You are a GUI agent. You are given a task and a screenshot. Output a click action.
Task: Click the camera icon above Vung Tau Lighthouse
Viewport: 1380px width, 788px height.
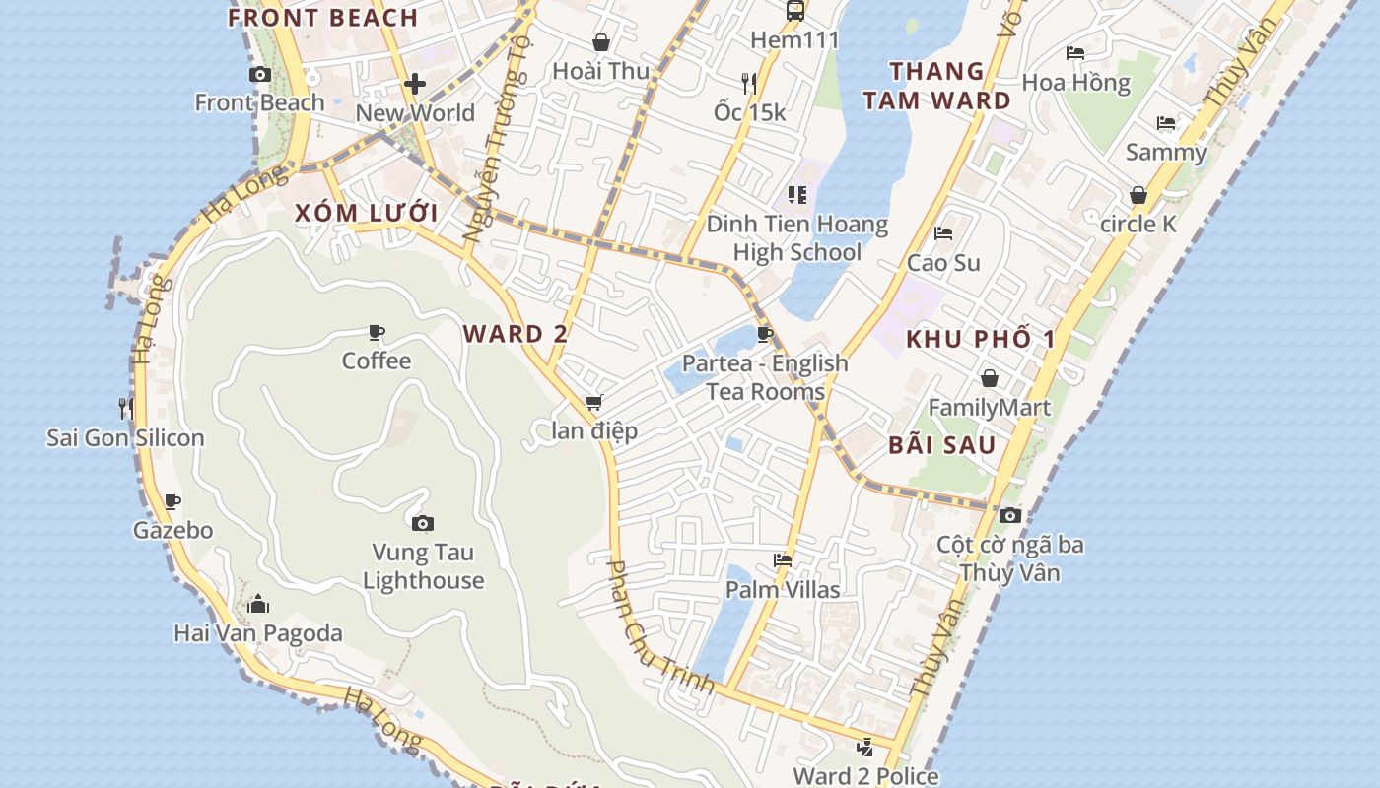(423, 523)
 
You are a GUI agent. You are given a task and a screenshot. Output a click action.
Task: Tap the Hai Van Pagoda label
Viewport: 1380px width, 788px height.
(258, 633)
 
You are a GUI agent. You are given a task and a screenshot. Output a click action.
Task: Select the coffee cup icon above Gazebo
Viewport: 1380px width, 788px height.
(172, 501)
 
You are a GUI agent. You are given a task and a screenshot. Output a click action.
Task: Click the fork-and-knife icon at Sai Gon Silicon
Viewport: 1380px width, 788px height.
(125, 408)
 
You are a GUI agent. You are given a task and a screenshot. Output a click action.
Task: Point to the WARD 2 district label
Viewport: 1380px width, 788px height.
(516, 334)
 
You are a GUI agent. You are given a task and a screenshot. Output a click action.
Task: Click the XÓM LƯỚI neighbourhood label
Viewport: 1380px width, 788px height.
(366, 213)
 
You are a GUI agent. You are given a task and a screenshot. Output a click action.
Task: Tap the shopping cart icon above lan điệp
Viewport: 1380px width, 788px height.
(593, 402)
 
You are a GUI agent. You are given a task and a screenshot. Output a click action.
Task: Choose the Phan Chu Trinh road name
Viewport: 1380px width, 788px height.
(659, 627)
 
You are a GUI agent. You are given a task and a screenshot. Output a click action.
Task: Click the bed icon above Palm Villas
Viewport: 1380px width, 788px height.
(783, 560)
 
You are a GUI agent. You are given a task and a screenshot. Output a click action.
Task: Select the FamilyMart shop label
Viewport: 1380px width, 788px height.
(989, 408)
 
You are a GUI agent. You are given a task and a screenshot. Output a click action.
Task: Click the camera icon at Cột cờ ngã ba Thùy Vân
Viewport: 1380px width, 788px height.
(1009, 515)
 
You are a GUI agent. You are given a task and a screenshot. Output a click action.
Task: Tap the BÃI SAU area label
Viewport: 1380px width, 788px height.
(941, 445)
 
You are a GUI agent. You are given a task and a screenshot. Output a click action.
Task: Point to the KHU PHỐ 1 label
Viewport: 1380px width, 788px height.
(980, 340)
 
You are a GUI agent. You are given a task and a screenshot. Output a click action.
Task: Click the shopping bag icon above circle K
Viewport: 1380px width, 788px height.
(1138, 195)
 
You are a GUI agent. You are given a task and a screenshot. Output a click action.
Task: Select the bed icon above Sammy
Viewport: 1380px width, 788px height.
(1166, 123)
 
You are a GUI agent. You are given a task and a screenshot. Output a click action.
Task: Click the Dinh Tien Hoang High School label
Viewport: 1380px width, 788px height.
(796, 238)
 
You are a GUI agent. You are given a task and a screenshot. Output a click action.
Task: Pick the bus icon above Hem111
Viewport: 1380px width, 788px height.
(794, 11)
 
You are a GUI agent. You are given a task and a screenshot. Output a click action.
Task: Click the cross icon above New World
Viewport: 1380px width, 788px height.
(415, 84)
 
